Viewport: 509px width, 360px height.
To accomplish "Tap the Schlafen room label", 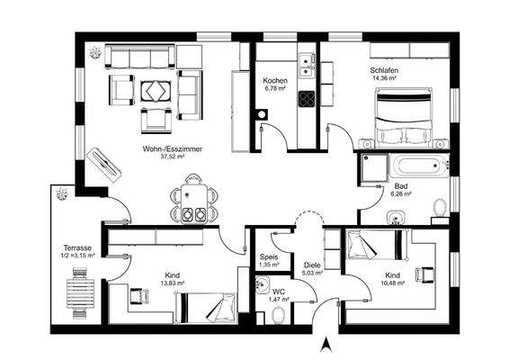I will pyautogui.click(x=384, y=69).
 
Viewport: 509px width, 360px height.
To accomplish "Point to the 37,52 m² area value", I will pyautogui.click(x=173, y=157).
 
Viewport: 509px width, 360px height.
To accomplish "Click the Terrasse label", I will pyautogui.click(x=77, y=247).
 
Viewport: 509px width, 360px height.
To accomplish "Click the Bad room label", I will pyautogui.click(x=400, y=186).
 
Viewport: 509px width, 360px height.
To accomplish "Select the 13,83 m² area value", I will pyautogui.click(x=172, y=283).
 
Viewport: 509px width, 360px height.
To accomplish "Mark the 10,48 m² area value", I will pyautogui.click(x=392, y=283).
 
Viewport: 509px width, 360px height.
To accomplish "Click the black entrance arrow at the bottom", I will pyautogui.click(x=326, y=343).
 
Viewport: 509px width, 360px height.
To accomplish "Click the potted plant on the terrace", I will pyautogui.click(x=62, y=193).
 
